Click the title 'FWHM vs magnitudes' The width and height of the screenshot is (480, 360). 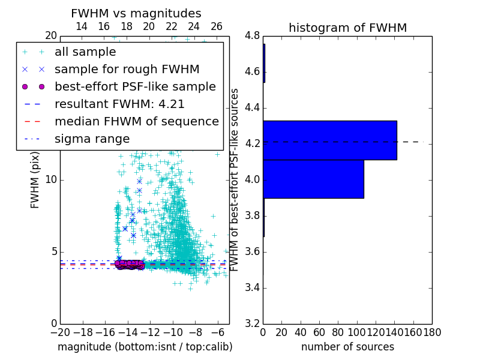[x=136, y=13]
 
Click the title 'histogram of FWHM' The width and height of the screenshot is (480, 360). [x=347, y=28]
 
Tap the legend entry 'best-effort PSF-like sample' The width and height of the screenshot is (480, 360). [x=135, y=86]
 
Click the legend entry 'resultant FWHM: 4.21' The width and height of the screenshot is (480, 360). [x=119, y=104]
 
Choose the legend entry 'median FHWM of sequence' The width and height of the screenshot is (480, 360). [x=136, y=121]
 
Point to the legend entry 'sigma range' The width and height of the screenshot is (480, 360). [x=92, y=139]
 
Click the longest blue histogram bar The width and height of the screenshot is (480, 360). [x=330, y=140]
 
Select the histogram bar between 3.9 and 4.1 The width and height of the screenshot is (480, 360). [x=313, y=179]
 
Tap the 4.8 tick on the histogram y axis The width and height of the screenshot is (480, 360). [x=252, y=36]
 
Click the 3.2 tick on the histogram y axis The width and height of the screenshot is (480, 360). [x=252, y=323]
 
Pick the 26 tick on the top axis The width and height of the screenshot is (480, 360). [x=217, y=26]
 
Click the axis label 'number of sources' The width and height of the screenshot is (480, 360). [x=347, y=347]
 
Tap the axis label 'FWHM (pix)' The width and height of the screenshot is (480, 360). [x=35, y=179]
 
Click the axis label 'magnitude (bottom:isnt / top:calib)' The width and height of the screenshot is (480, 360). [x=145, y=347]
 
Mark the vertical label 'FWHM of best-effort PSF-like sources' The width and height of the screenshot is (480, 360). [x=235, y=179]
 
